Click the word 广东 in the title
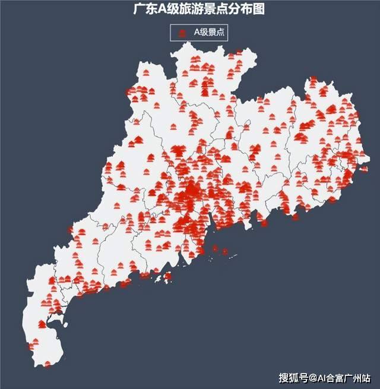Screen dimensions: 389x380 (x=145, y=10)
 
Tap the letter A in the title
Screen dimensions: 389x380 (x=161, y=10)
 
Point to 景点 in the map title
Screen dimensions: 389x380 (x=217, y=10)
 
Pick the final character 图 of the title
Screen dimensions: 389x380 (x=259, y=10)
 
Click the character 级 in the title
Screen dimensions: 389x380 (x=172, y=10)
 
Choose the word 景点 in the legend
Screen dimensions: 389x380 (x=217, y=33)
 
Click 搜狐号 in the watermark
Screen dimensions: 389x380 (x=293, y=378)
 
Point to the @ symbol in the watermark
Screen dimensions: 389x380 (x=312, y=378)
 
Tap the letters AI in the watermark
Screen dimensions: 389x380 (x=322, y=378)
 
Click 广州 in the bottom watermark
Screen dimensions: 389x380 (x=354, y=378)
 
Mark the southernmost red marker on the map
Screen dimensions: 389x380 (x=47, y=363)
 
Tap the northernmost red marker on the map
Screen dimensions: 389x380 (x=239, y=53)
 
